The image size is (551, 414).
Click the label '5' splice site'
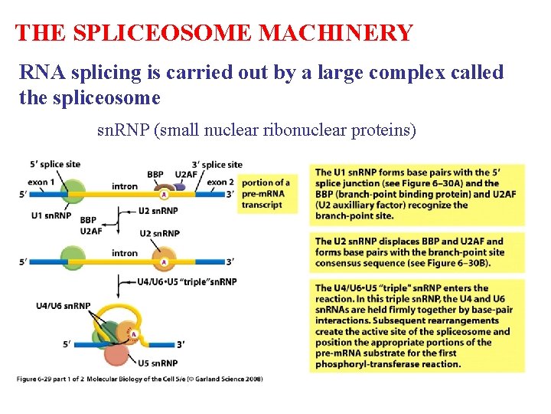54,164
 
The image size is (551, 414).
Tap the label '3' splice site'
218,164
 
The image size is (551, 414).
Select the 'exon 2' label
220,182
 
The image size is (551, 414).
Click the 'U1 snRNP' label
52,215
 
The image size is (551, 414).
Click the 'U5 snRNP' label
158,363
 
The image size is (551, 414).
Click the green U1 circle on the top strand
73,191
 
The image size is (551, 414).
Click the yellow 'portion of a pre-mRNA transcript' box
265,194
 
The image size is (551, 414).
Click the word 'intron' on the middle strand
124,253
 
